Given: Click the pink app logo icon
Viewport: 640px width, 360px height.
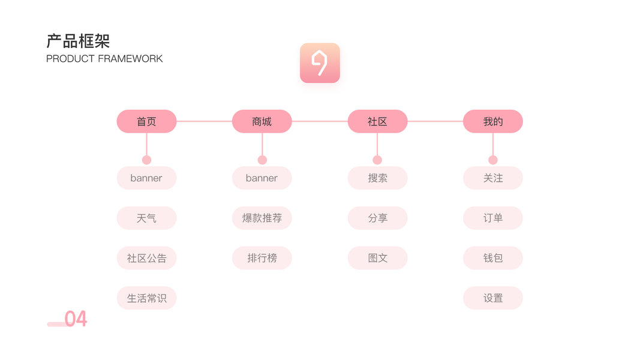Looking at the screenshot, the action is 320,63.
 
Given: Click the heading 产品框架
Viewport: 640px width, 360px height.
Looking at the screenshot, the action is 78,41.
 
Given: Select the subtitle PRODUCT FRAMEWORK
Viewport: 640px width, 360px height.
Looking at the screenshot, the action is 104,59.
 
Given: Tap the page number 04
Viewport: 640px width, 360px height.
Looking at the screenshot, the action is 76,319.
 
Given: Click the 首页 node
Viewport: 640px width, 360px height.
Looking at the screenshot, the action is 146,121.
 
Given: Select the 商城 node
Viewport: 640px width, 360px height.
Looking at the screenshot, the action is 262,121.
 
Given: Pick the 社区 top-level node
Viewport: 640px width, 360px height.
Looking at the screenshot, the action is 377,121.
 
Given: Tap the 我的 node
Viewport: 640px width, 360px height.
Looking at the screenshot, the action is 493,121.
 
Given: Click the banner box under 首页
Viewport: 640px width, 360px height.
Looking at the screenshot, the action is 146,178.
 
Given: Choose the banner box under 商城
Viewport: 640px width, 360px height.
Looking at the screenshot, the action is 262,178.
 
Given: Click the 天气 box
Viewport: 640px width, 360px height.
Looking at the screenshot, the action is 146,218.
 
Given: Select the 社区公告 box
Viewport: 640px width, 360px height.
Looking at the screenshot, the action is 146,259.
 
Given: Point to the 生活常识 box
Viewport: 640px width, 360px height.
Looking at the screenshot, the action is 146,298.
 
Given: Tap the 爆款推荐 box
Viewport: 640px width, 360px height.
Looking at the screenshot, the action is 262,218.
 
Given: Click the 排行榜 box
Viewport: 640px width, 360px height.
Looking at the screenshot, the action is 262,259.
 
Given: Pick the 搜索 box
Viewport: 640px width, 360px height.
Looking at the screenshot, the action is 377,178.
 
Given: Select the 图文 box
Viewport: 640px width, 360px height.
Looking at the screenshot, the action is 377,259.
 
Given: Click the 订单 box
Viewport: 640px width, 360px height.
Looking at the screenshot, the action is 493,218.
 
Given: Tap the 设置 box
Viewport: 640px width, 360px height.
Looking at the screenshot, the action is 493,298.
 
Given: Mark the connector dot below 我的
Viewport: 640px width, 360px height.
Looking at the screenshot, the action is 493,160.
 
